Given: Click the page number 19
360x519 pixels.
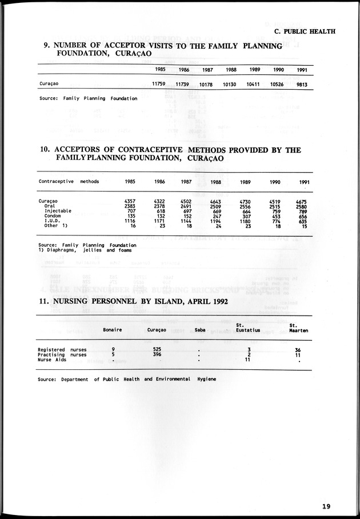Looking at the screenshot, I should click(x=326, y=505).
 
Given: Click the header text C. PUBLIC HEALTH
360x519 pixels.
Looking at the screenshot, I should click(x=305, y=31).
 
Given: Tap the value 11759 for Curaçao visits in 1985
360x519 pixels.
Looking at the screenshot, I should click(x=158, y=84).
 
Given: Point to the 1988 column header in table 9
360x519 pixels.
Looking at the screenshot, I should click(x=231, y=70).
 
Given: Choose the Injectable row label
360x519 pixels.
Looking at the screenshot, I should click(x=58, y=211).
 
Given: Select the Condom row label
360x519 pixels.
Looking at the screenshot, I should click(x=53, y=216).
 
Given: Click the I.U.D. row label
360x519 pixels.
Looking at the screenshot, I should click(x=53, y=221).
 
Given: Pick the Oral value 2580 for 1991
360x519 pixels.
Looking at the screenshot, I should click(x=302, y=206).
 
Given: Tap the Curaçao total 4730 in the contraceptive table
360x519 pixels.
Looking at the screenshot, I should click(x=245, y=201).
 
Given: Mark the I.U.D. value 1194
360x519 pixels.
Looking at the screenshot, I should click(x=215, y=221).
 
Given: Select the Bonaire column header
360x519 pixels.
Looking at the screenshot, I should click(x=112, y=330).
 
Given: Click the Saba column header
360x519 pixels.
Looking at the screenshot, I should click(x=199, y=330).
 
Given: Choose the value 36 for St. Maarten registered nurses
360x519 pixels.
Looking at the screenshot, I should click(x=298, y=349).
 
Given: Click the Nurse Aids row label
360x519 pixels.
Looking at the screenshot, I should click(x=52, y=360).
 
